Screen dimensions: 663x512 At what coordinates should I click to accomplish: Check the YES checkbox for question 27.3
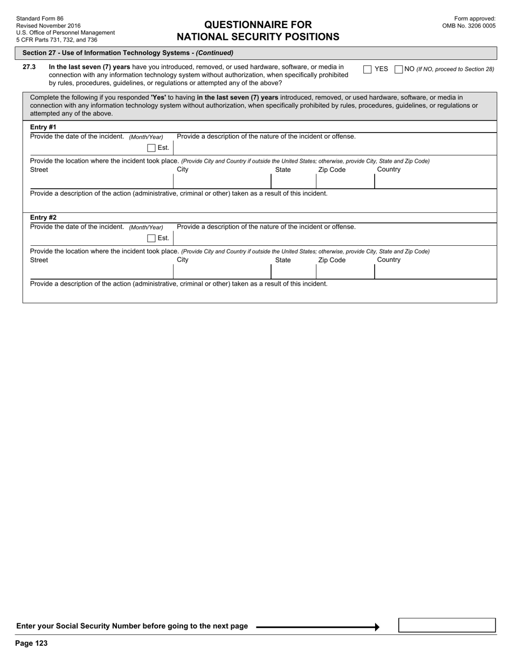pos(368,69)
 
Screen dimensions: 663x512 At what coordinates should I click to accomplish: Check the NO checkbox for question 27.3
pos(399,69)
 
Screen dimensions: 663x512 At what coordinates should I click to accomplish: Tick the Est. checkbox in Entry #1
pos(151,148)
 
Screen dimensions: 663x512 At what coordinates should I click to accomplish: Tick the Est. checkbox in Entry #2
pos(151,238)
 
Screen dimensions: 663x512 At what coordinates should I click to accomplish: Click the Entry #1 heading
pos(43,127)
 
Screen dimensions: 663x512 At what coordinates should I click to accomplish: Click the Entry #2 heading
pos(43,218)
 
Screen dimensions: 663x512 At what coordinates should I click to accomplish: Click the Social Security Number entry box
pos(447,625)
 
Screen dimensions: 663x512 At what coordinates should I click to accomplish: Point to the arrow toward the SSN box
pos(318,627)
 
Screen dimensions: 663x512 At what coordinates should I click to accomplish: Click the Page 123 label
pos(31,643)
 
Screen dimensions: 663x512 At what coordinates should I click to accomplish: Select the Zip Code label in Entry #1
pos(331,170)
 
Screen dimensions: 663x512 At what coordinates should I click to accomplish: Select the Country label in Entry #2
pos(389,260)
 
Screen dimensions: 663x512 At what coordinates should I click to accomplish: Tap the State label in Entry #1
pos(282,170)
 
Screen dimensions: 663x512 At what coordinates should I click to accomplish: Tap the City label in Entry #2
pos(183,260)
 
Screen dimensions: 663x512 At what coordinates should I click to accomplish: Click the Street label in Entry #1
pos(39,170)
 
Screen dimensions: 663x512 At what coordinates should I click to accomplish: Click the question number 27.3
pos(29,67)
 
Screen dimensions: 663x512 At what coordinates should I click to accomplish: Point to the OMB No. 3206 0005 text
pos(468,25)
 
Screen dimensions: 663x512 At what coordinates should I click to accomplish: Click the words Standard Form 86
pos(40,18)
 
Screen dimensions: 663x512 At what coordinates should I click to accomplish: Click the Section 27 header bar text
pos(128,53)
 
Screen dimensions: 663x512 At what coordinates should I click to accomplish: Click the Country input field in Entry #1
pos(435,182)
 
